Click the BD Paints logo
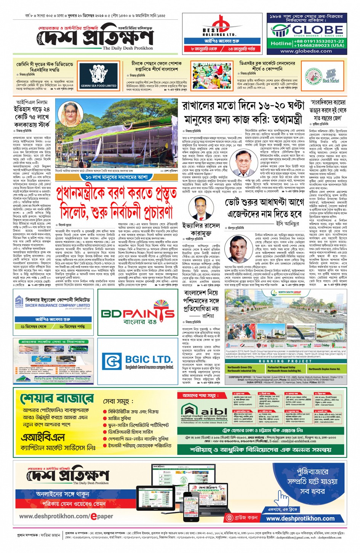138,313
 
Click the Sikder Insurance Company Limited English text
58,305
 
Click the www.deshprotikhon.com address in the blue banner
300,518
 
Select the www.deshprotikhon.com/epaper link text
66,516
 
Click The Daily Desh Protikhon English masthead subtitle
128,48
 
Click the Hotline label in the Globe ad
281,43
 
